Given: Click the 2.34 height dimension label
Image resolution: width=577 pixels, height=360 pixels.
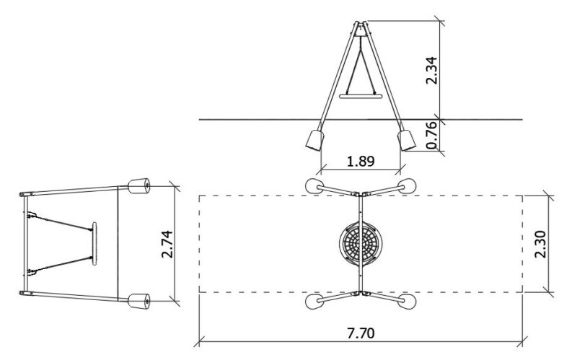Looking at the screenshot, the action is point(431,71).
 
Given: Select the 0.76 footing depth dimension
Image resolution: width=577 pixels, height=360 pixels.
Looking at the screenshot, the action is point(431,135).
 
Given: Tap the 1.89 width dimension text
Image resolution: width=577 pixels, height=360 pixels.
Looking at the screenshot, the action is point(361,161).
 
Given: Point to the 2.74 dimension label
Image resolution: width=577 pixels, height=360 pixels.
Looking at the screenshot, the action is point(167,244).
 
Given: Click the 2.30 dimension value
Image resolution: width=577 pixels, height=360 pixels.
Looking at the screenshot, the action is point(540,244).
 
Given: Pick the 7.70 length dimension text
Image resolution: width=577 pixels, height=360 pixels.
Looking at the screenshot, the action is point(361,333).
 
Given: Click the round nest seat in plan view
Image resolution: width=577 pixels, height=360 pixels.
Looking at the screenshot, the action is point(361,243).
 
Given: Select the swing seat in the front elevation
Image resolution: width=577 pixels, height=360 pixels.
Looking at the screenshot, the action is point(361,97).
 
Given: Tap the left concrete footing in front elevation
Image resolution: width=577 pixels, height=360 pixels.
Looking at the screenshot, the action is point(315,140).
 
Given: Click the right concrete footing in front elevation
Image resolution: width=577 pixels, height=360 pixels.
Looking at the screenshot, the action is point(407,140).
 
